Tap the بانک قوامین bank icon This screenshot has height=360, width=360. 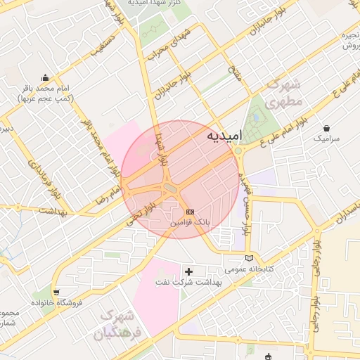tap(189, 211)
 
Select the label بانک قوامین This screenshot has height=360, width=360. tap(189, 222)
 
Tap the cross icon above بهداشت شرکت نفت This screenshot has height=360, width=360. tap(188, 271)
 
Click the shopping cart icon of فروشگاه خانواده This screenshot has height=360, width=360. tap(56, 291)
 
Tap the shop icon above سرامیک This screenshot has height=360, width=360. tap(327, 129)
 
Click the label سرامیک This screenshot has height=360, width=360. tap(327, 139)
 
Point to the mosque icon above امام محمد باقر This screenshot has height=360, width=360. tap(46, 77)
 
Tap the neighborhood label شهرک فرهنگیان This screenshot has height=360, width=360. tap(121, 325)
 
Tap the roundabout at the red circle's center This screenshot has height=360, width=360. tap(168, 187)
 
